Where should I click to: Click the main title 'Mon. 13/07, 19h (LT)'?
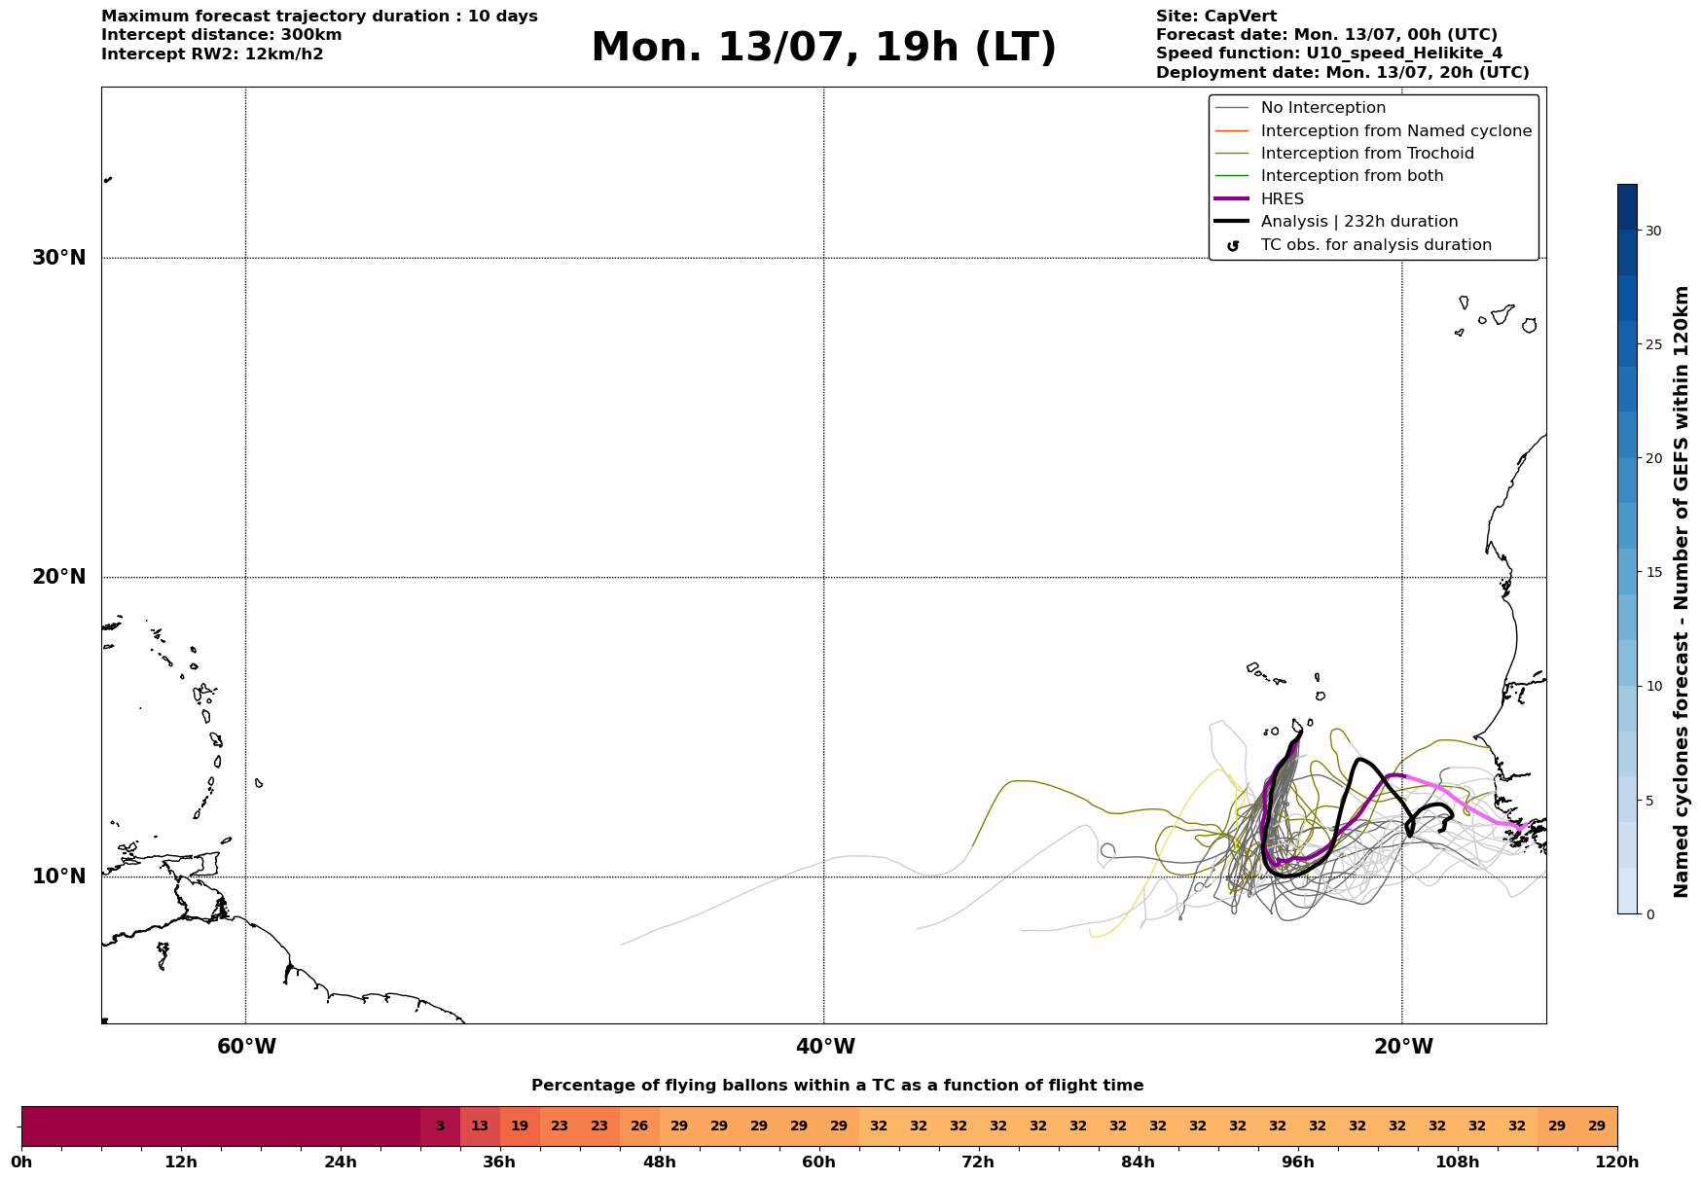pos(823,48)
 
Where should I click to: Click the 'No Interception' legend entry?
pos(1300,108)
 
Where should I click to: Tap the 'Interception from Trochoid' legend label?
pos(1367,154)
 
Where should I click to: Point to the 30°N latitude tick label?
pos(59,258)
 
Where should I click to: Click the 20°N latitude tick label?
pos(59,577)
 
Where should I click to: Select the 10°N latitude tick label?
pos(59,876)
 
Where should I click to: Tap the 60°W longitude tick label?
pos(246,1047)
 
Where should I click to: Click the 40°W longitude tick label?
pos(825,1047)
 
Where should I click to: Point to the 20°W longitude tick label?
pos(1403,1047)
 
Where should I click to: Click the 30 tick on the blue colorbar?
pos(1653,231)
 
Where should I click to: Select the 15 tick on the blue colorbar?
pos(1653,572)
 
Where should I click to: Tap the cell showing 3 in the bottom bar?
pos(440,1126)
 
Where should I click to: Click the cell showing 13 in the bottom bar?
pos(480,1126)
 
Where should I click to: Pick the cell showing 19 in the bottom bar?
pos(520,1126)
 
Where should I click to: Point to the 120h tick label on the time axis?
pos(1617,1162)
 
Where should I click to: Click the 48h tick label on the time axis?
pos(660,1162)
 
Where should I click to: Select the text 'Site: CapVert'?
pos(1216,17)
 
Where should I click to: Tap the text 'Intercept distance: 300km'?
pos(222,35)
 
